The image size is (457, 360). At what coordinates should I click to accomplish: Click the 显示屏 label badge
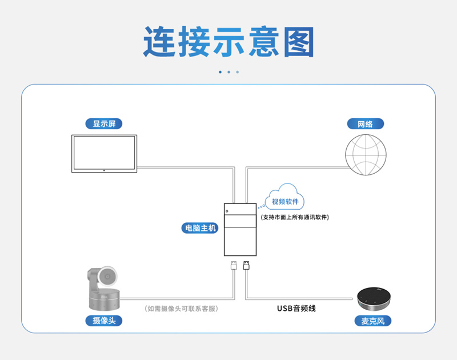104,123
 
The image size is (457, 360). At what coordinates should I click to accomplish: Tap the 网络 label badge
366,124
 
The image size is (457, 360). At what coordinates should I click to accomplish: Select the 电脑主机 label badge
200,228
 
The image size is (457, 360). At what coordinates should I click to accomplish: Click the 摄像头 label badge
104,321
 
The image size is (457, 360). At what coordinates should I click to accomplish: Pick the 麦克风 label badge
373,321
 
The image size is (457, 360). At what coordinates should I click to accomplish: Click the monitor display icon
105,154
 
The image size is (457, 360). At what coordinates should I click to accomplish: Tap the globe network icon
366,155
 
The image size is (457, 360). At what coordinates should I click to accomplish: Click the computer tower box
240,229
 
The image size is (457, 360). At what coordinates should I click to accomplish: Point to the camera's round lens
107,276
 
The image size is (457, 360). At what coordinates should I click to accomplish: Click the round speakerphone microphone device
374,299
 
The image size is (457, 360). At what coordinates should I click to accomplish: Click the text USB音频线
296,309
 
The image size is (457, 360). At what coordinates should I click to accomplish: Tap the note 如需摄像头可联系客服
181,309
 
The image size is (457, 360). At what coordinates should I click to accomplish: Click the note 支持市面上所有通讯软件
295,217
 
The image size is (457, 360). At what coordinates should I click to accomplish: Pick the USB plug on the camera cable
234,265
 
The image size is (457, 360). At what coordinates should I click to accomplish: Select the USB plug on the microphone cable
246,265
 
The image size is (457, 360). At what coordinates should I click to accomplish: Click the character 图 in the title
299,42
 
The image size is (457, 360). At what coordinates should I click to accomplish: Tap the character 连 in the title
159,42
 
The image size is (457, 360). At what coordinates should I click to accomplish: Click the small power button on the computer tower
227,211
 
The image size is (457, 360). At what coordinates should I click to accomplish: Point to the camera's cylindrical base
105,299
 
